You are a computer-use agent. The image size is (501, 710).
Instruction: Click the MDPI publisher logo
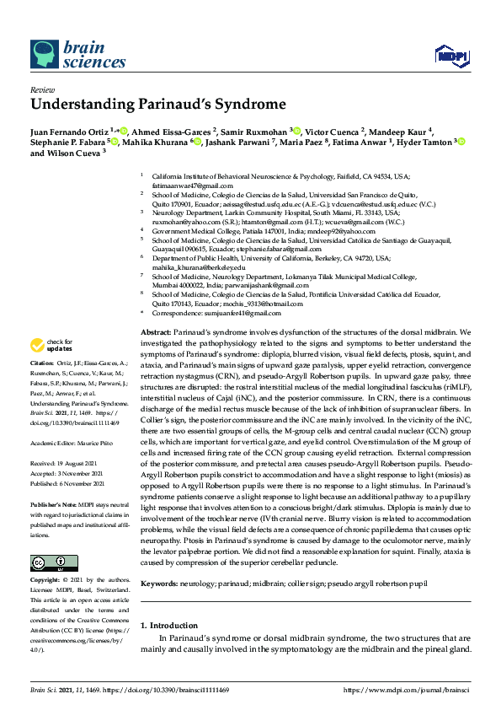pyautogui.click(x=451, y=56)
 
